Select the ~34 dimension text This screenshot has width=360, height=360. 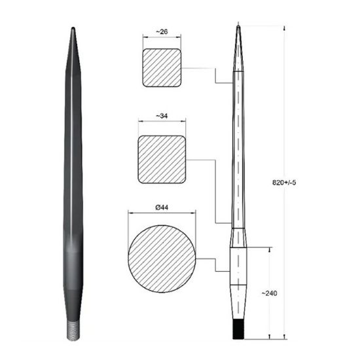coord(162,116)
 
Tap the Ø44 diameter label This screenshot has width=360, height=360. coord(162,207)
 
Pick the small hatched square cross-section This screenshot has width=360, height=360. coord(162,68)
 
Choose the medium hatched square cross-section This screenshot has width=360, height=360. coord(162,159)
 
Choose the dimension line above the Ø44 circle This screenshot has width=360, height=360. coord(162,213)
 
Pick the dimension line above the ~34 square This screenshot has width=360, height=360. coord(162,121)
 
